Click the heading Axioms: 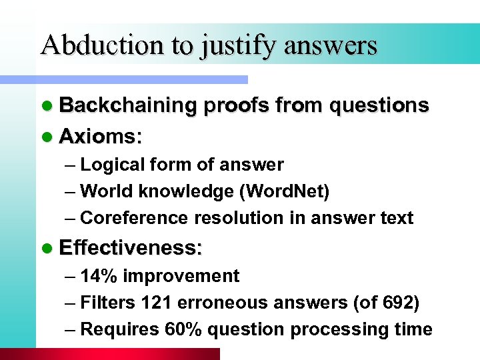[x=101, y=137]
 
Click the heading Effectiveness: [x=131, y=248]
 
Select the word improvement [x=181, y=276]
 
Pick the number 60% [x=179, y=329]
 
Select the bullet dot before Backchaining [x=45, y=106]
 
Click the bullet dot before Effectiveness [x=45, y=248]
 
